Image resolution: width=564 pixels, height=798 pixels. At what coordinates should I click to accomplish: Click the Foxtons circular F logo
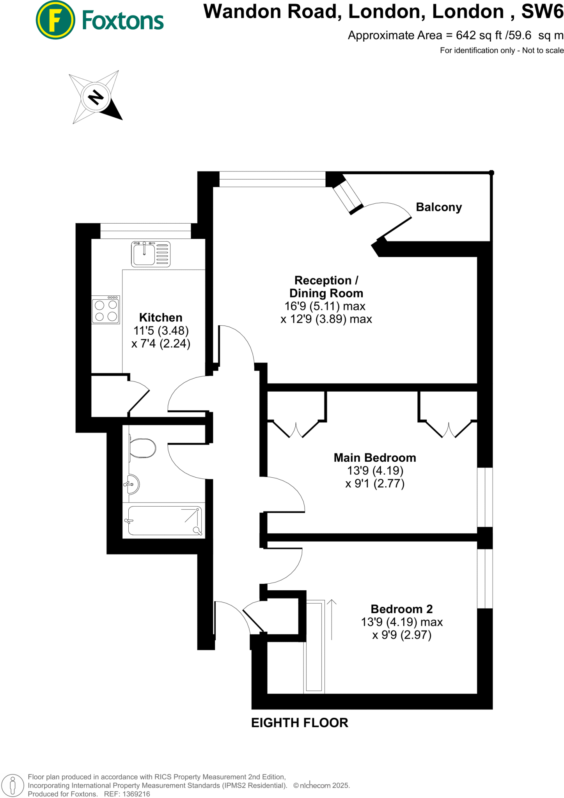tap(55, 20)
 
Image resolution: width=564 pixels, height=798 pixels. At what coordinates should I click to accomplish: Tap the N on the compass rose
tap(96, 97)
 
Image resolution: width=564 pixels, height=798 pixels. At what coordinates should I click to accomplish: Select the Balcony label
tap(439, 207)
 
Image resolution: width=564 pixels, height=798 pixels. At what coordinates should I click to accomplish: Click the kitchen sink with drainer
tap(151, 254)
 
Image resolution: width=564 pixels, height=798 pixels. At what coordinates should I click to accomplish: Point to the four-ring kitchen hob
tap(106, 310)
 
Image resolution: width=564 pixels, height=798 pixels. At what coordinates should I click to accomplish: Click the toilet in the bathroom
tap(142, 448)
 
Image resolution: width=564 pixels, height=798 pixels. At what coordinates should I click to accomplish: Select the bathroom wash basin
tap(133, 484)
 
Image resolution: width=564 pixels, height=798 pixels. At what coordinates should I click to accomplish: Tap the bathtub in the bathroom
tap(164, 520)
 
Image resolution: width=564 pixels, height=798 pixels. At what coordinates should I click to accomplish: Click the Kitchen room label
tap(161, 317)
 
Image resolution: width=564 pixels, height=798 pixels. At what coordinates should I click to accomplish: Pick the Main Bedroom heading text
tap(375, 457)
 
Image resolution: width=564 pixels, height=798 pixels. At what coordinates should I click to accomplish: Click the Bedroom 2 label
tap(402, 609)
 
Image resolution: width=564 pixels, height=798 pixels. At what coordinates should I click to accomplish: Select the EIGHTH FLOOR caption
tap(300, 723)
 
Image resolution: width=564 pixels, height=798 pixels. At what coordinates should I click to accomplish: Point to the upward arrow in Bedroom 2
tap(332, 620)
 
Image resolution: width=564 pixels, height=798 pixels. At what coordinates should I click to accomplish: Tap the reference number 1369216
tap(136, 794)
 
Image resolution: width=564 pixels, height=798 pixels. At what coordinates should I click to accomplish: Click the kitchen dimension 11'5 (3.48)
tap(161, 330)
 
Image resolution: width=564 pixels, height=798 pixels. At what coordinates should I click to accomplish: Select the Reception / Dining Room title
tap(326, 286)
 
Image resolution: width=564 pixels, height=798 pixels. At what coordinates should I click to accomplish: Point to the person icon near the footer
tap(12, 785)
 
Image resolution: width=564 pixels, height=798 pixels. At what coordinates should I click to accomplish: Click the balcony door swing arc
tap(390, 205)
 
